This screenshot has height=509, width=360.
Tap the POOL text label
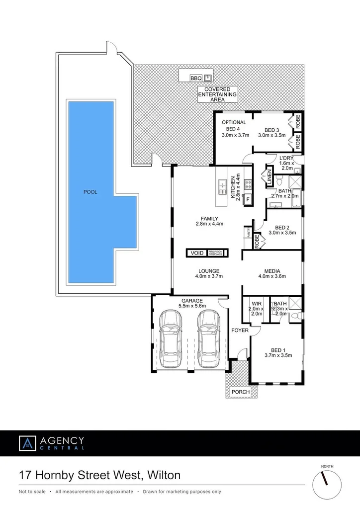90,192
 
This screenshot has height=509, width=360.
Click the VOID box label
197,253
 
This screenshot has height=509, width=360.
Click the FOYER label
239,330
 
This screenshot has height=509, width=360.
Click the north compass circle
327,484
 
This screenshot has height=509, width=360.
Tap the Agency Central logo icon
28,443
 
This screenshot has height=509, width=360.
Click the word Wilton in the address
162,476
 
